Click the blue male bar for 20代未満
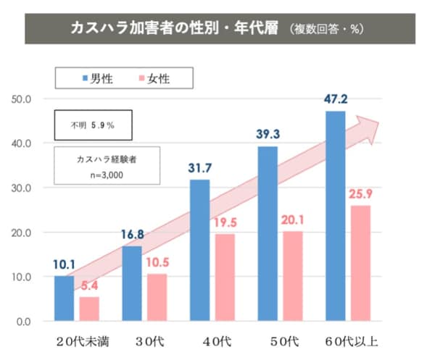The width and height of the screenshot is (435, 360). tap(64, 298)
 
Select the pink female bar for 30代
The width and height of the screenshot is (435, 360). tap(157, 297)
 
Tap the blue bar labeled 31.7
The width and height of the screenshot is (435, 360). tap(199, 250)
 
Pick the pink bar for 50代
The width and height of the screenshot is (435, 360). tap(293, 276)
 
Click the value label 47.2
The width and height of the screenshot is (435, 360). tap(336, 96)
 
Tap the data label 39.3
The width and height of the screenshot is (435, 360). tap(268, 133)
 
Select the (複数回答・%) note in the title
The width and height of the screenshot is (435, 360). tap(326, 30)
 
